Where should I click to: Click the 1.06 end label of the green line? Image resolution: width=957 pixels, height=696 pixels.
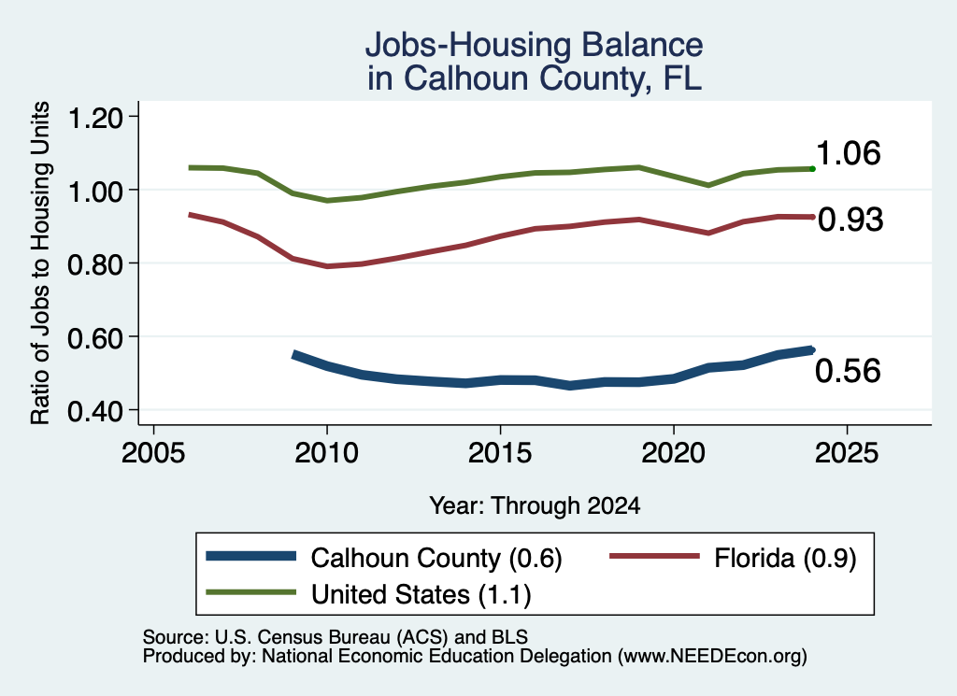pos(848,152)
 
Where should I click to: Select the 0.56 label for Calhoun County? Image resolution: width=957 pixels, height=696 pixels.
pos(848,371)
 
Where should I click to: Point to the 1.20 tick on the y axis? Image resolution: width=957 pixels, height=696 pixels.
pos(95,118)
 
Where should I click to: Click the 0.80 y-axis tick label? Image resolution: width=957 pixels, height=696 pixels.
pos(95,264)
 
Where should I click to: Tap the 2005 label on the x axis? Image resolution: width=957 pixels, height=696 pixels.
pos(153,453)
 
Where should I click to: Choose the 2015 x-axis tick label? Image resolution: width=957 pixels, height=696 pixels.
pos(500,453)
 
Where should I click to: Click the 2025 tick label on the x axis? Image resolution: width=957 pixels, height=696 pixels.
pos(847,453)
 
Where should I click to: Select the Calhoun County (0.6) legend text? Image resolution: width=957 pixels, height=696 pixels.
pos(436,558)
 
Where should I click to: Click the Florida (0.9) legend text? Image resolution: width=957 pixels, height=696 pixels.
pos(785,558)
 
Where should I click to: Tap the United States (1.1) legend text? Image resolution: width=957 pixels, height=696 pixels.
pos(421,594)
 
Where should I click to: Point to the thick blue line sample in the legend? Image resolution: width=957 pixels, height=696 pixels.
pos(250,556)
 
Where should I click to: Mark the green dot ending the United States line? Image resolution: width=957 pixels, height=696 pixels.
pos(812,168)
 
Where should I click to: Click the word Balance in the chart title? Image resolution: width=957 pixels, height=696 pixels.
pos(642,45)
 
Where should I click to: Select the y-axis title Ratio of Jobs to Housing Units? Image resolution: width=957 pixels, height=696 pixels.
pos(40,263)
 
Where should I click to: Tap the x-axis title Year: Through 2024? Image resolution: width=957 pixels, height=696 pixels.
pos(535,505)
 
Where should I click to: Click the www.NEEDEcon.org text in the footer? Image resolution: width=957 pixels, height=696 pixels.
pos(711,656)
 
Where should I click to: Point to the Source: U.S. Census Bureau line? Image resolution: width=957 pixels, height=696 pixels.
pos(336,637)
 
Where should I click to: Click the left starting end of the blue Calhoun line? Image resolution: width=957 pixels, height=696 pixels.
pos(293,354)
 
